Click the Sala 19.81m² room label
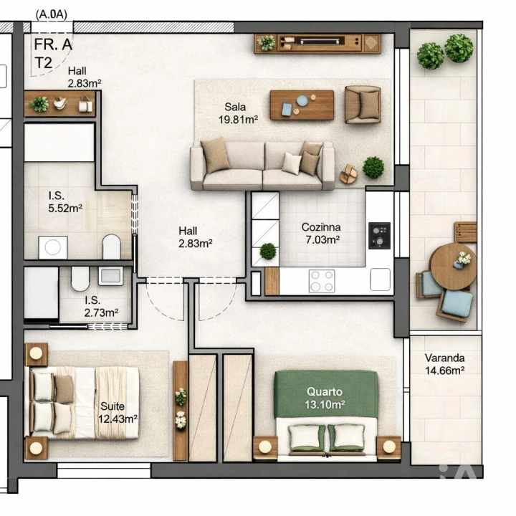click(238, 113)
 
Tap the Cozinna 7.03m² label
click(320, 234)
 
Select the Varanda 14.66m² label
click(444, 364)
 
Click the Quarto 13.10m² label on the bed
click(325, 398)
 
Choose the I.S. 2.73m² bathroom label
click(101, 307)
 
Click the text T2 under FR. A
click(43, 62)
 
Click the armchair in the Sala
click(363, 105)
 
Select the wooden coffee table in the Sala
click(302, 105)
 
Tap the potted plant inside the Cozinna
click(268, 252)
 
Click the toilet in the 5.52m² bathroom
click(111, 247)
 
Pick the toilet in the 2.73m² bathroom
click(79, 277)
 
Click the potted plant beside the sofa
click(373, 168)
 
